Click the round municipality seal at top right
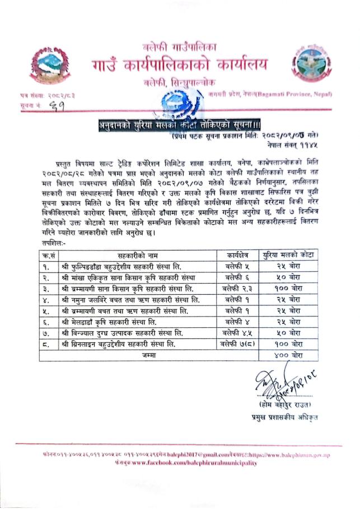(x=312, y=63)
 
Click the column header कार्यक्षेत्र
(x=237, y=254)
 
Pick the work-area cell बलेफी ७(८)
(x=237, y=344)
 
